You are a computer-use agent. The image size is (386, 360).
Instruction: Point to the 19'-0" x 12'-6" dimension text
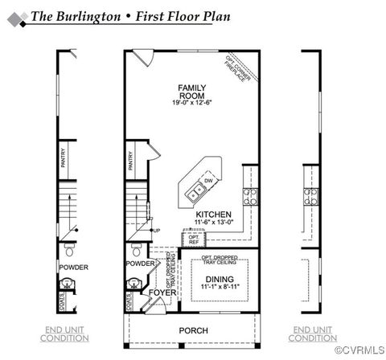point(191,103)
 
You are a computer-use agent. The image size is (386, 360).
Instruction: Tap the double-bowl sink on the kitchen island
point(195,191)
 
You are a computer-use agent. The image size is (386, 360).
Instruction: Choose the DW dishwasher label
point(208,182)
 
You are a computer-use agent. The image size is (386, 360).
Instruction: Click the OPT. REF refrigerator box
point(193,239)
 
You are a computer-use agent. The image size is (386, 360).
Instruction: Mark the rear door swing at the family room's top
point(142,57)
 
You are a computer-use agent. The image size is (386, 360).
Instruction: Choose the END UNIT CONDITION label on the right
point(312,333)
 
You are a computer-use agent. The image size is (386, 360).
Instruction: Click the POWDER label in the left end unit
point(72,266)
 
